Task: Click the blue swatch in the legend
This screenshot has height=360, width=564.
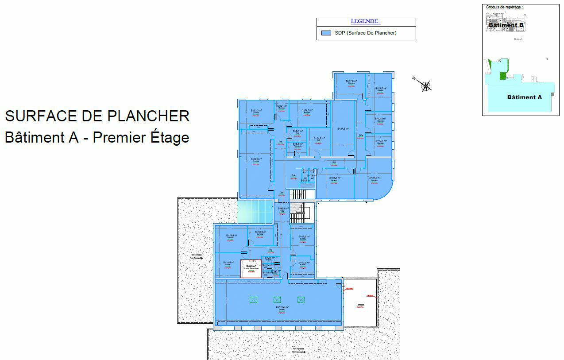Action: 326,33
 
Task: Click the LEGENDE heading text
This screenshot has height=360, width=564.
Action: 366,21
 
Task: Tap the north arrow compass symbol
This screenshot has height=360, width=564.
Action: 425,85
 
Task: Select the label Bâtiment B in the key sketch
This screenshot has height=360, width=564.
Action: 506,25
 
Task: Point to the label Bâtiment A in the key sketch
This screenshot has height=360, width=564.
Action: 524,97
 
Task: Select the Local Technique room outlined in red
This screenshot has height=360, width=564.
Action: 251,268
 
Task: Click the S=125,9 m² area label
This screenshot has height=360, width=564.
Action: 282,307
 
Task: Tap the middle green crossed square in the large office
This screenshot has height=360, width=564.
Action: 277,300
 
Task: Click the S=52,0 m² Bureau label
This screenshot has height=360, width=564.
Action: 256,159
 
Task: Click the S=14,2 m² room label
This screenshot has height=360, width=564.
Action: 319,138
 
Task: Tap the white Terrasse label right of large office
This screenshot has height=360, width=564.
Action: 360,306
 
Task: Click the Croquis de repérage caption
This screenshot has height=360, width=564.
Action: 504,7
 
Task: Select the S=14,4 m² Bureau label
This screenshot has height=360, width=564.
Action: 228,263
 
